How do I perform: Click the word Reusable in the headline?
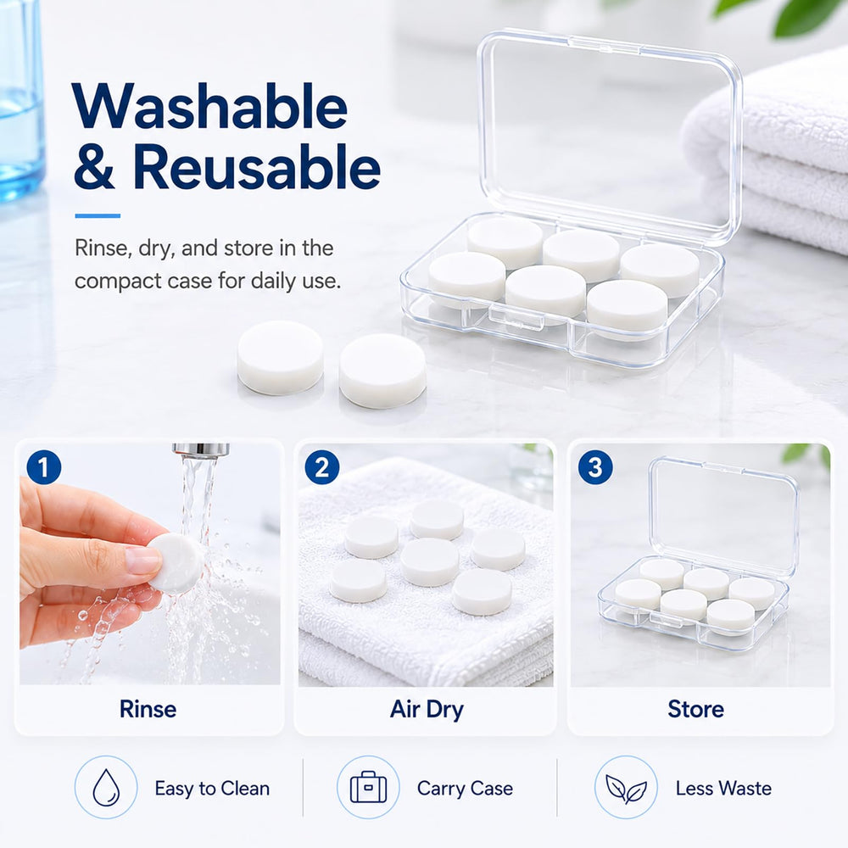click(257, 167)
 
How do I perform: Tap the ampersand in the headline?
click(95, 168)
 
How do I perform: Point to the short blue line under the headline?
click(98, 215)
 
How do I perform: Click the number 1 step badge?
click(44, 467)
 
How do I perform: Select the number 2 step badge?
click(321, 467)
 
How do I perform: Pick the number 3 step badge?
click(595, 467)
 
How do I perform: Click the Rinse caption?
click(148, 709)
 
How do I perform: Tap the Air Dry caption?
click(427, 710)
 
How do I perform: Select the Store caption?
click(695, 709)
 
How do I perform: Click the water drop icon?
click(106, 787)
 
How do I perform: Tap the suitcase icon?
click(368, 787)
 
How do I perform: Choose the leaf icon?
click(627, 789)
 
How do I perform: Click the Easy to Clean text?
click(212, 789)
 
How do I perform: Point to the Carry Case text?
click(465, 789)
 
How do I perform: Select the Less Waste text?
click(723, 789)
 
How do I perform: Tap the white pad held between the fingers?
click(176, 563)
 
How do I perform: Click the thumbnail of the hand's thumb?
click(142, 560)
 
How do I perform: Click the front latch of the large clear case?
click(516, 316)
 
